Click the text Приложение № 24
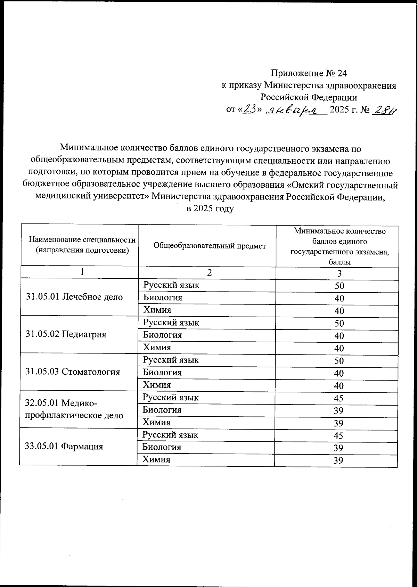pyautogui.click(x=309, y=73)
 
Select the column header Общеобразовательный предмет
pyautogui.click(x=210, y=246)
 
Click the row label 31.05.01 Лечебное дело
pyautogui.click(x=74, y=297)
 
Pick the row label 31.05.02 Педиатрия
pyautogui.click(x=66, y=334)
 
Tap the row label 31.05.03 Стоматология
pyautogui.click(x=73, y=372)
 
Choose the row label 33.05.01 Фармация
pyautogui.click(x=64, y=447)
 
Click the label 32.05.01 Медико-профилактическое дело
pyautogui.click(x=74, y=409)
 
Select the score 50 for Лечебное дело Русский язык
pyautogui.click(x=339, y=286)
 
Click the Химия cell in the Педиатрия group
pyautogui.click(x=157, y=348)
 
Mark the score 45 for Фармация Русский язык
pyautogui.click(x=338, y=435)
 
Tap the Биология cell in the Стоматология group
pyautogui.click(x=162, y=373)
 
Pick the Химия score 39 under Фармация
pyautogui.click(x=338, y=460)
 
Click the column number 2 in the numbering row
pyautogui.click(x=209, y=273)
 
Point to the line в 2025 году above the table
pyautogui.click(x=210, y=209)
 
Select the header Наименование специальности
pyautogui.click(x=82, y=239)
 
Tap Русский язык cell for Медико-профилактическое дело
pyautogui.click(x=171, y=398)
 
